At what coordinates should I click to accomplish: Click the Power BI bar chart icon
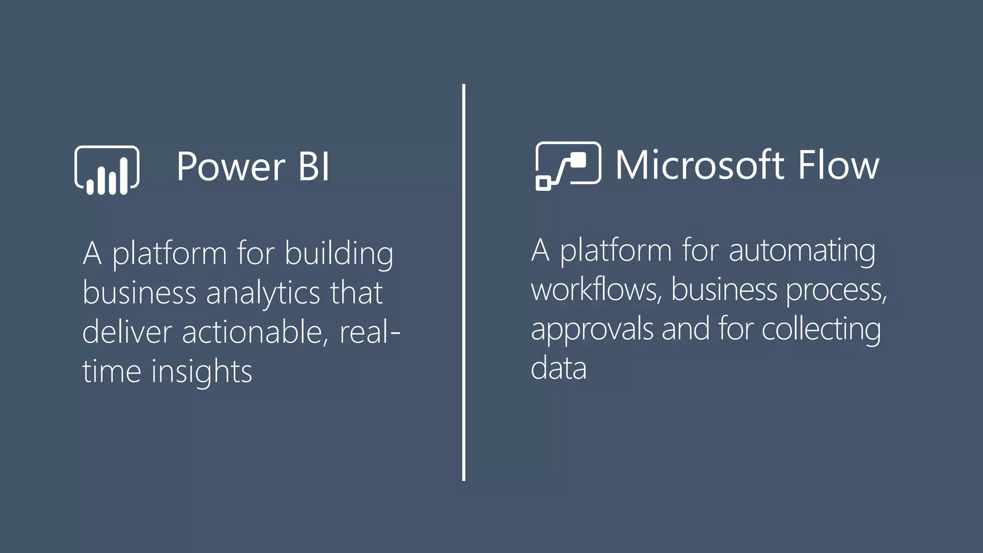107,170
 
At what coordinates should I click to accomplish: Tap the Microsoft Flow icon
568,166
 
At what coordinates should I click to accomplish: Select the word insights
202,372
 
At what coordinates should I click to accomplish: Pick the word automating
802,251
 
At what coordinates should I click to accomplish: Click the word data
559,368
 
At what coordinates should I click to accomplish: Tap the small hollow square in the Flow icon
543,183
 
